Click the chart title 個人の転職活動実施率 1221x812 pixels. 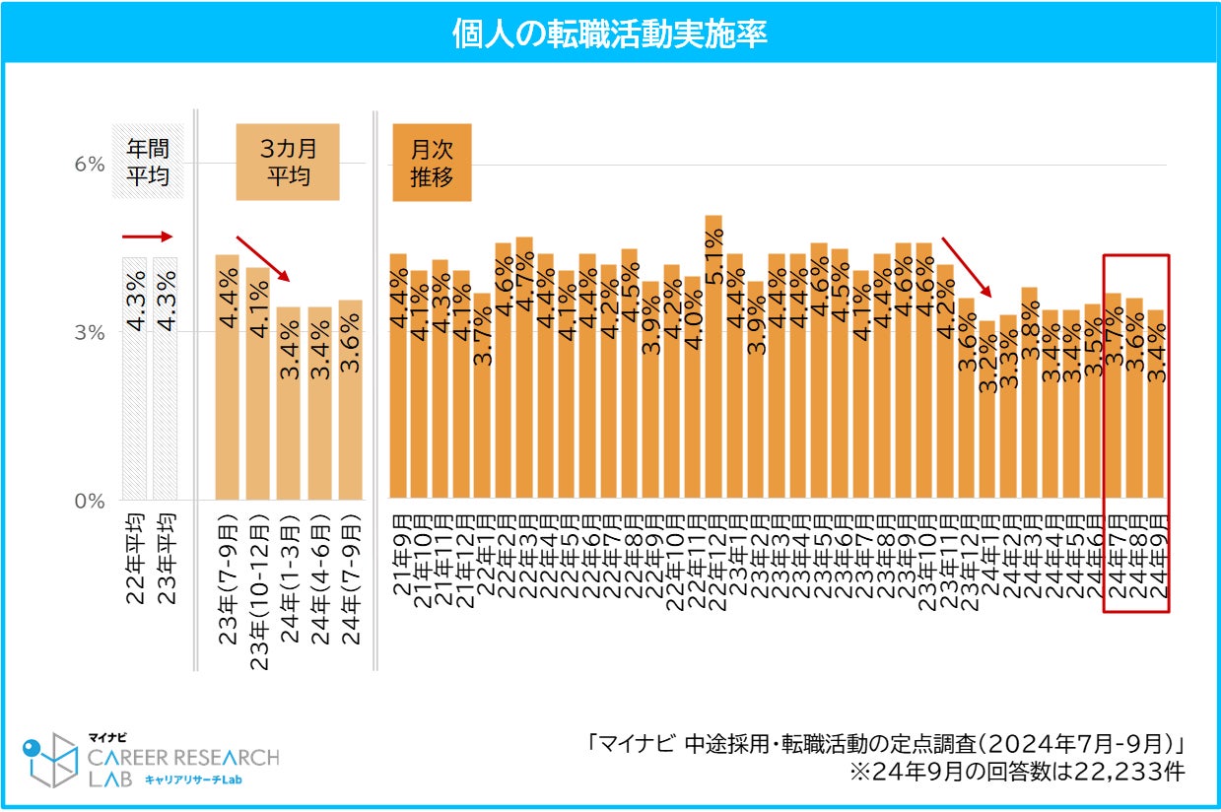(609, 33)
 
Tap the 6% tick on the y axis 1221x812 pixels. (90, 165)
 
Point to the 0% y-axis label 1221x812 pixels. (90, 501)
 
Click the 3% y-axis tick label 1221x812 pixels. (90, 333)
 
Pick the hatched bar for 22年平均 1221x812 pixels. (134, 378)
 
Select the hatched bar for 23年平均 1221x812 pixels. (165, 378)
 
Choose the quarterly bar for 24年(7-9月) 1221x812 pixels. (350, 399)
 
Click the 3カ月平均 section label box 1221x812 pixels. (288, 163)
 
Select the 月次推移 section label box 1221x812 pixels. (432, 163)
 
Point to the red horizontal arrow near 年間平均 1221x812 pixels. (147, 237)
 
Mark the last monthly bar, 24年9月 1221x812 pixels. (1156, 404)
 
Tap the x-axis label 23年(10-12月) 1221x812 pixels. (259, 591)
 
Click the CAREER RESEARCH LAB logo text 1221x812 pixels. (183, 767)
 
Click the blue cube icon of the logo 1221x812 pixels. (49, 760)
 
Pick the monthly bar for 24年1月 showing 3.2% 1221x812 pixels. (987, 409)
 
